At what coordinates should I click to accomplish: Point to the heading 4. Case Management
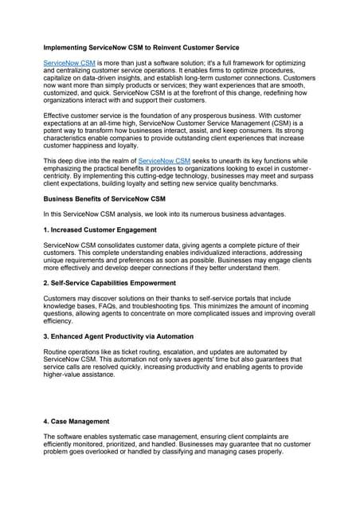(76, 421)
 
